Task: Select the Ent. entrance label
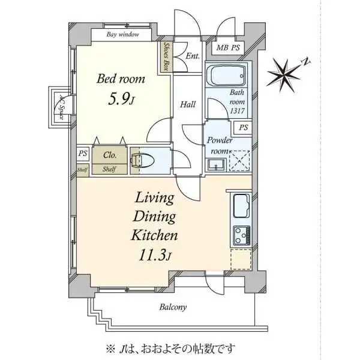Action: pos(192,56)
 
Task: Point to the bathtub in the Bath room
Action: pos(226,76)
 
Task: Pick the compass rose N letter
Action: pos(305,61)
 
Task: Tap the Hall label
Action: pos(188,105)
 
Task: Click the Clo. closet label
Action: pos(110,155)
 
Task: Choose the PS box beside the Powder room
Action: pos(243,128)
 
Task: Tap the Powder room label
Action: pos(219,145)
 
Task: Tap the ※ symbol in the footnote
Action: pos(110,348)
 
